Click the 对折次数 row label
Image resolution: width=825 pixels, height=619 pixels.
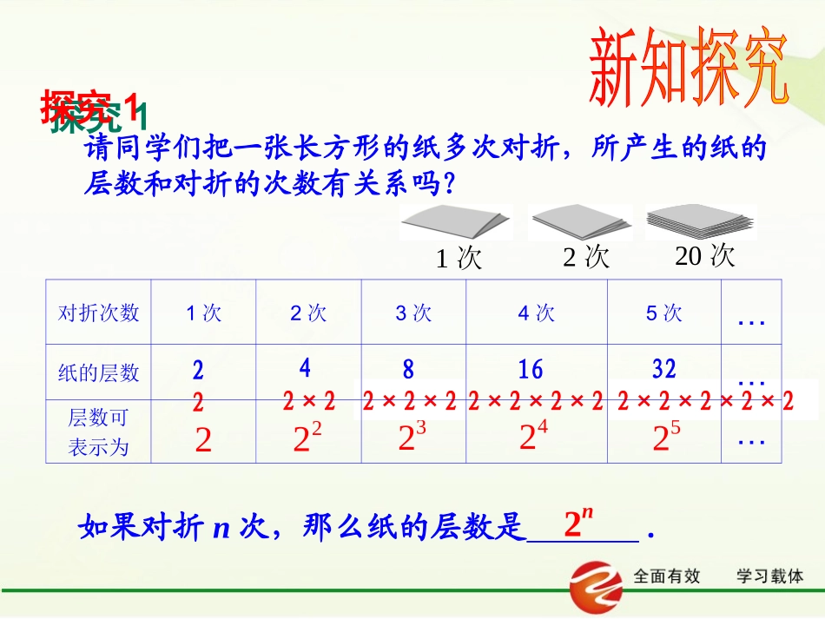[98, 313]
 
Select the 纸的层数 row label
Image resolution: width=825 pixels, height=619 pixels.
[98, 372]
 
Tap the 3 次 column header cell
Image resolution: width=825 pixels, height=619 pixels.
[413, 313]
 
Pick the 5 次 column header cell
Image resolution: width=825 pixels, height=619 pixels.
[663, 313]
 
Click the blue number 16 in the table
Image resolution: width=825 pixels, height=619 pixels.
[530, 371]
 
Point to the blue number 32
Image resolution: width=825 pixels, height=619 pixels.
[663, 369]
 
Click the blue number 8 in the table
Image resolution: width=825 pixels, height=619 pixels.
[408, 371]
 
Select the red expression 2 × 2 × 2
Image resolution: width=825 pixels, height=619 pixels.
[409, 401]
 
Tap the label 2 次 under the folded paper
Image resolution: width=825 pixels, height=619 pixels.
[586, 257]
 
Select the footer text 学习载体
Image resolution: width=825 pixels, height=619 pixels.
[769, 576]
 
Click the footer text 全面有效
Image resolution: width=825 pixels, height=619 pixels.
[667, 576]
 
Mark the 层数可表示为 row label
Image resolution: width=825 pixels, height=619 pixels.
[98, 431]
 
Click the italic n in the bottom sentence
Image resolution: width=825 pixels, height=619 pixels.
[221, 527]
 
